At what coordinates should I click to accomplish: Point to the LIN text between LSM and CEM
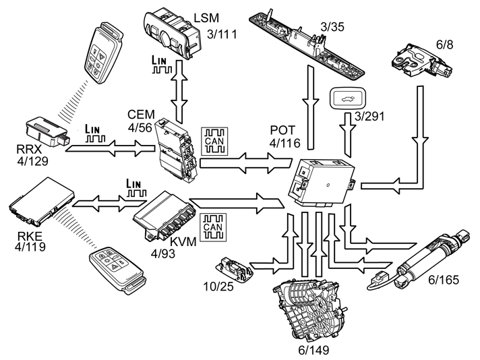165,62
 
